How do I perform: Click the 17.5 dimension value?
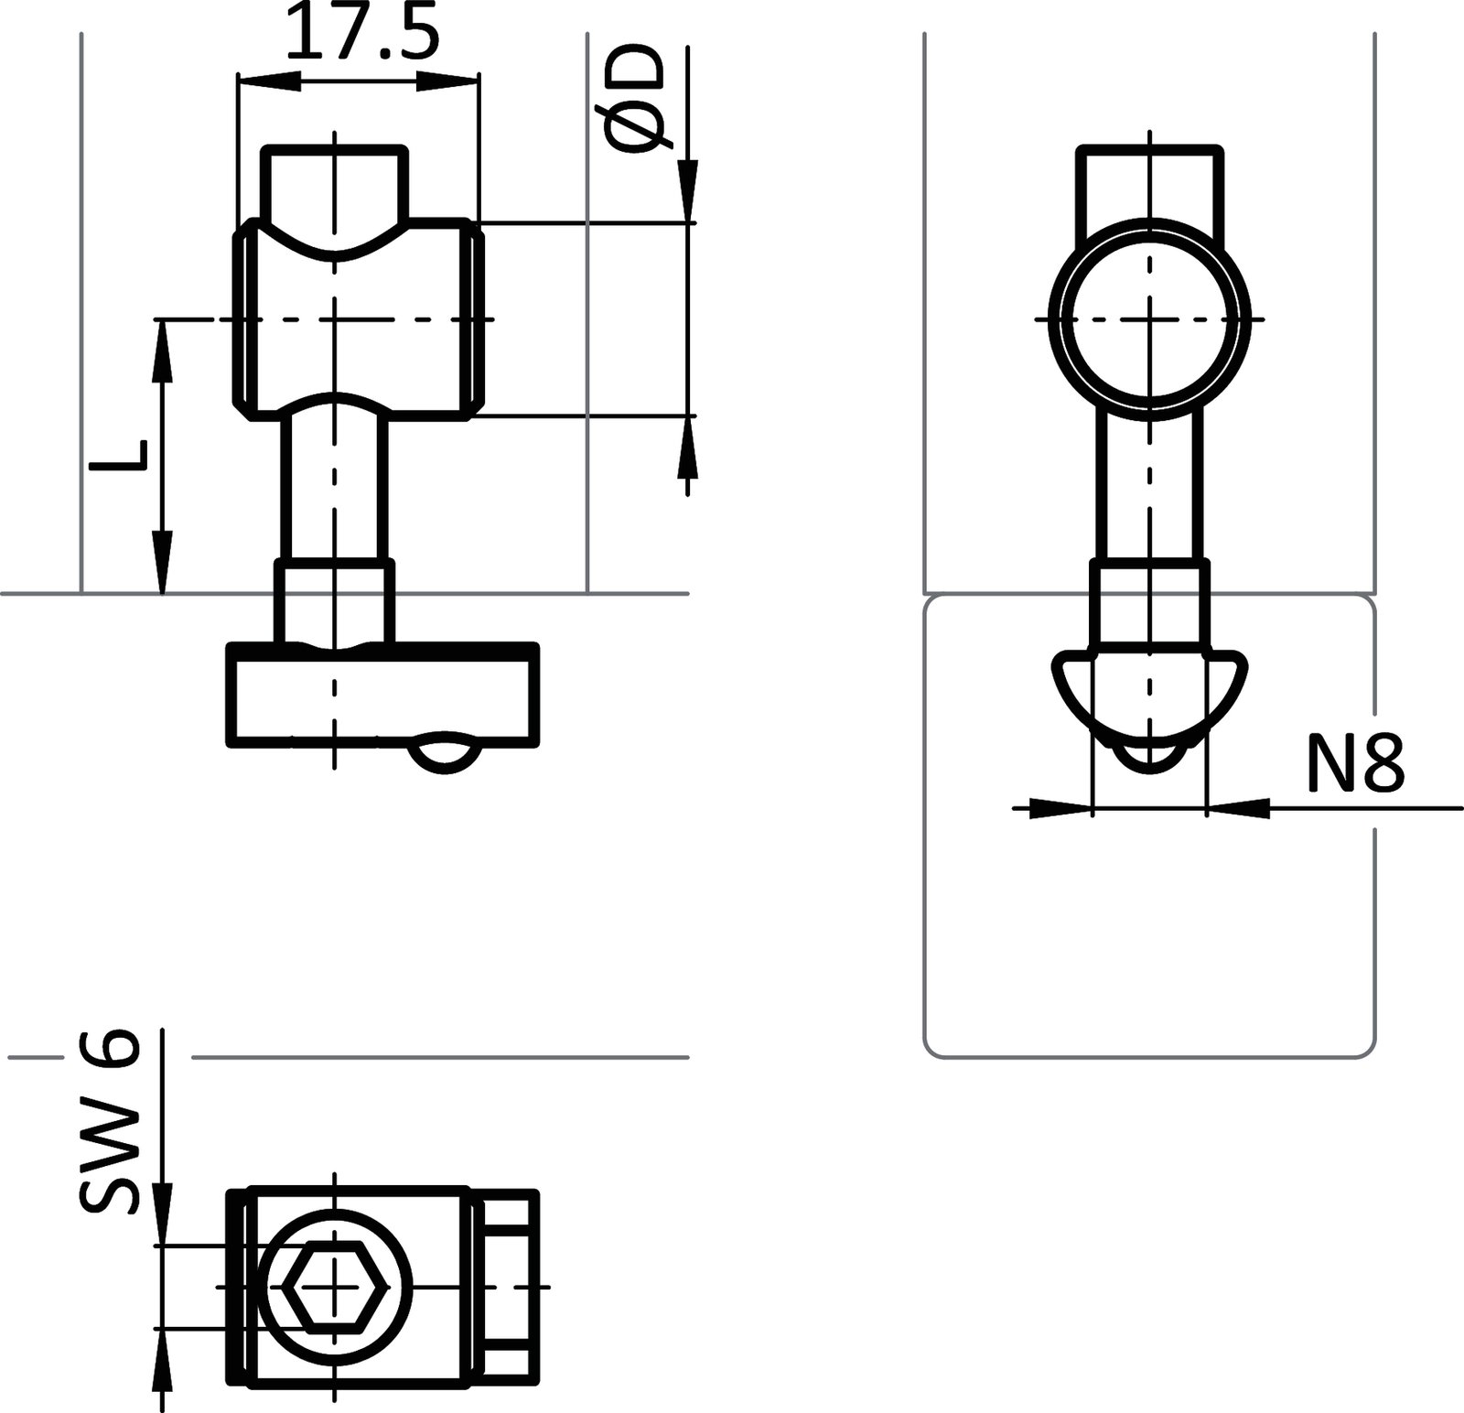pyautogui.click(x=363, y=33)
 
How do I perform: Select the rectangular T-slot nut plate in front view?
pyautogui.click(x=382, y=696)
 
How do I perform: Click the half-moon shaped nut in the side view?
pyautogui.click(x=1150, y=696)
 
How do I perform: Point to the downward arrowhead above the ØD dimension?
pyautogui.click(x=687, y=189)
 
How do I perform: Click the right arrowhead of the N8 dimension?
pyautogui.click(x=1239, y=808)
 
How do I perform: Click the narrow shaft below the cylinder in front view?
pyautogui.click(x=335, y=485)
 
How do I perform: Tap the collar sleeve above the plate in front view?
pyautogui.click(x=335, y=604)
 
